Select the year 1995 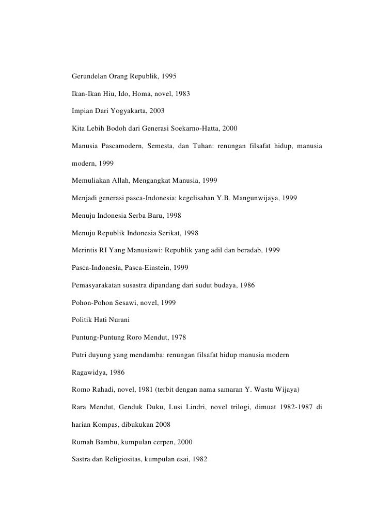[x=168, y=76]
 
